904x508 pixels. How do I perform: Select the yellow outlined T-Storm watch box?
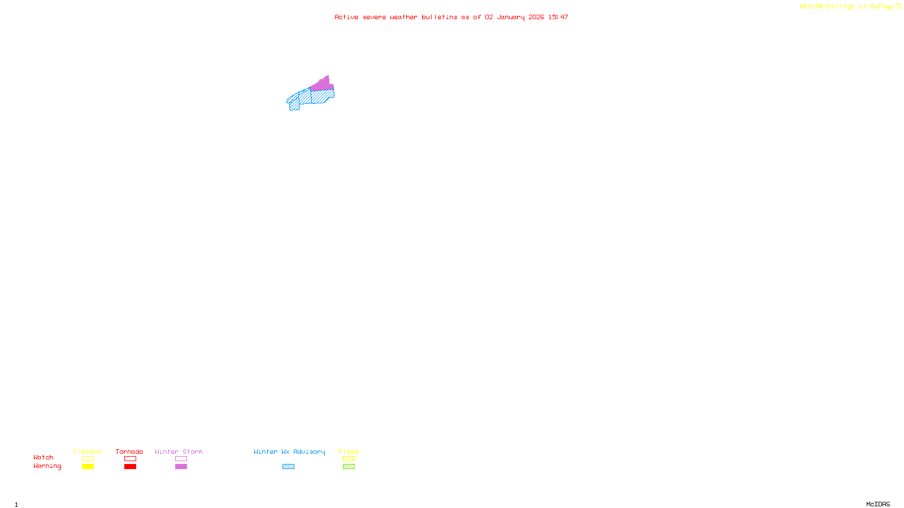(x=88, y=459)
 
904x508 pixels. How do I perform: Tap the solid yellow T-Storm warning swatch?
(x=88, y=467)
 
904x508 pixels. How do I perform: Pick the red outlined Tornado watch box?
(x=130, y=459)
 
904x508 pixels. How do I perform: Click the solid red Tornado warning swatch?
(x=130, y=467)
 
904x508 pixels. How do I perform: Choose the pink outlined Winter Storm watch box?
(x=181, y=459)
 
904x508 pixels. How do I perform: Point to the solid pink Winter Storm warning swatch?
(x=181, y=467)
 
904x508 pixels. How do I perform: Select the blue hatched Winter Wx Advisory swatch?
(x=288, y=467)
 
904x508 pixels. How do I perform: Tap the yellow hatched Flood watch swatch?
(x=349, y=459)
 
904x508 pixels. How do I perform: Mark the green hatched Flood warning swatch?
(x=349, y=467)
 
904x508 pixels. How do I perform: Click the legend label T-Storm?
(x=87, y=452)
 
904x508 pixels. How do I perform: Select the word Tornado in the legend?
(x=129, y=452)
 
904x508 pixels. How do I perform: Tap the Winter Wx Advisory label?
(x=289, y=452)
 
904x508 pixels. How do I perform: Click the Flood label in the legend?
(x=349, y=452)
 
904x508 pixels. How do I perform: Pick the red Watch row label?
(x=44, y=458)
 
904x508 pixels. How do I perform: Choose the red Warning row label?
(x=47, y=466)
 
